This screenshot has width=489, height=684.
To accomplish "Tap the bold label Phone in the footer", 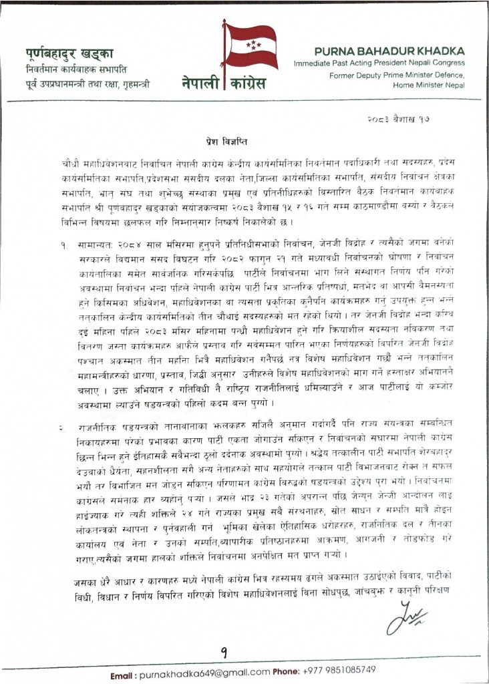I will pos(286,670).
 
